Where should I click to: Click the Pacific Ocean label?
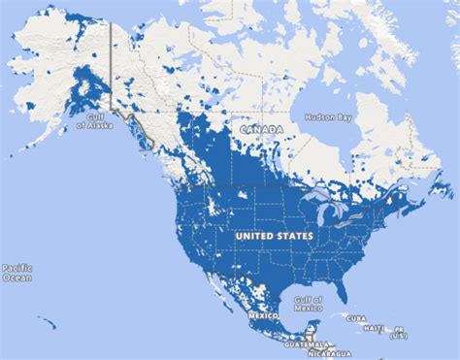coord(17,272)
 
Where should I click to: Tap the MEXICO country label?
coord(260,316)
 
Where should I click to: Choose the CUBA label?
coord(355,316)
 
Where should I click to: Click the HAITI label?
coord(374,328)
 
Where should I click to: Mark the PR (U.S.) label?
coord(399,331)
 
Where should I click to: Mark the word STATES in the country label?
coord(295,235)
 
